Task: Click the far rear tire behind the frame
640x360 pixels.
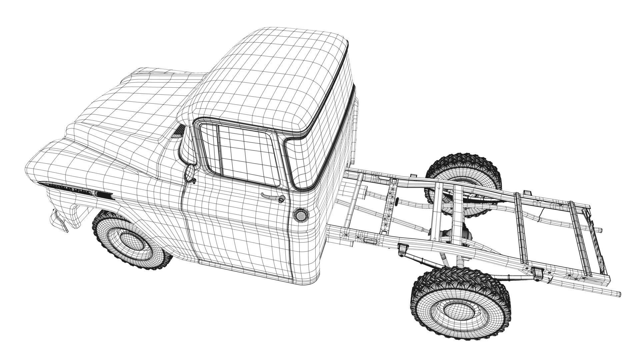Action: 463,173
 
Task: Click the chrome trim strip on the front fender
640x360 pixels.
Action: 77,190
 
